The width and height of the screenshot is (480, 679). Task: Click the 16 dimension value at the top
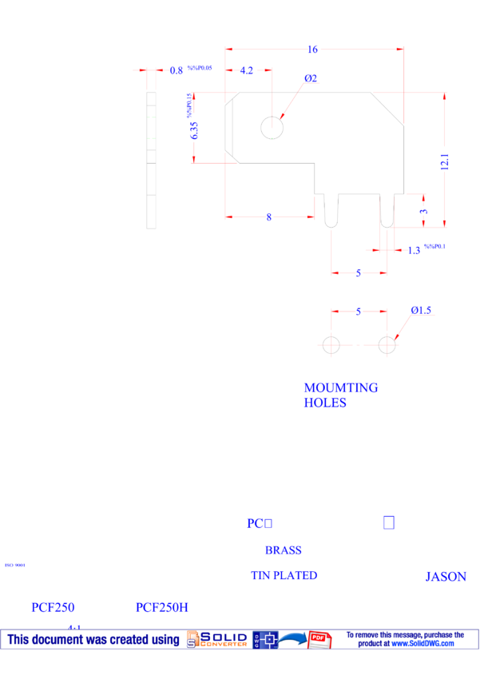(x=313, y=50)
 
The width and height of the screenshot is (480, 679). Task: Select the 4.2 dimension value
(x=247, y=71)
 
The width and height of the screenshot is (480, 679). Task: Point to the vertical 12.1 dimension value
(x=445, y=161)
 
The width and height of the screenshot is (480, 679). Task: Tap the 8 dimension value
(x=269, y=217)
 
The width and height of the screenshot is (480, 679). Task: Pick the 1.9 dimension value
(x=414, y=251)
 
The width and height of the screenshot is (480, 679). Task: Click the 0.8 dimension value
(x=177, y=70)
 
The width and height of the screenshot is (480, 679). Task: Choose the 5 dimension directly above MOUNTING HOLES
(x=359, y=312)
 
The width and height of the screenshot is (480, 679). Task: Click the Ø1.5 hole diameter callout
(x=421, y=311)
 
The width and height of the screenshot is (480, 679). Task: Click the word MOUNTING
(x=341, y=388)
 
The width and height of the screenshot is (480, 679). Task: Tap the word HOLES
(x=325, y=403)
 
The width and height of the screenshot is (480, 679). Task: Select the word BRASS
(x=283, y=550)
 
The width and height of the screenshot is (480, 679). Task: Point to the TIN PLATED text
(x=284, y=575)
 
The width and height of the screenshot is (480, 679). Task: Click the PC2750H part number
(x=161, y=608)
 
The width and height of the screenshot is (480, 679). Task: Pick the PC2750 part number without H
(x=53, y=608)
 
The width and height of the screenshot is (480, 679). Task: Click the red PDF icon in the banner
(x=319, y=639)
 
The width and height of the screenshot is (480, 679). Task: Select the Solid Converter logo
(x=216, y=639)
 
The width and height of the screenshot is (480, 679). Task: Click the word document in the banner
(x=61, y=639)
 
